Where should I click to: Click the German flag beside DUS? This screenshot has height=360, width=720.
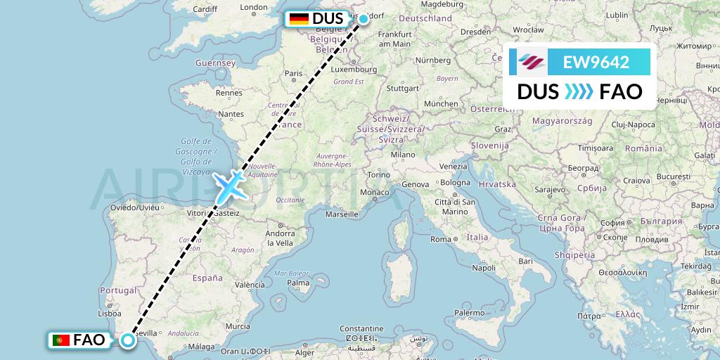tap(299, 19)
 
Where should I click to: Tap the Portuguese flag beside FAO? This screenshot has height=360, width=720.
tap(61, 340)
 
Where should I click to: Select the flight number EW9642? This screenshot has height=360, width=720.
tap(596, 62)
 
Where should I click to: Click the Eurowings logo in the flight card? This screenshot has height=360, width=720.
tap(532, 62)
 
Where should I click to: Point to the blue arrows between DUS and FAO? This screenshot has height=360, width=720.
tap(579, 91)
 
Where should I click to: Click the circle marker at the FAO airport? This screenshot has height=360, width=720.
tap(128, 340)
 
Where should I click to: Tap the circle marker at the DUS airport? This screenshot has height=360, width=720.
tap(364, 18)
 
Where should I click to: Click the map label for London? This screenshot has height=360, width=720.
tap(253, 8)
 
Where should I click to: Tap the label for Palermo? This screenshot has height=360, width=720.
tap(470, 312)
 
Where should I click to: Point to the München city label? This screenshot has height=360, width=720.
tap(441, 103)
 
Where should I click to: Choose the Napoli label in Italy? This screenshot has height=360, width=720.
tap(484, 268)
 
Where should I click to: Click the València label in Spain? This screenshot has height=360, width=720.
tap(250, 285)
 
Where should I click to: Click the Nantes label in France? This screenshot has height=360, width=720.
tap(231, 113)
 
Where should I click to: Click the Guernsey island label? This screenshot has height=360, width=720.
tap(215, 63)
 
